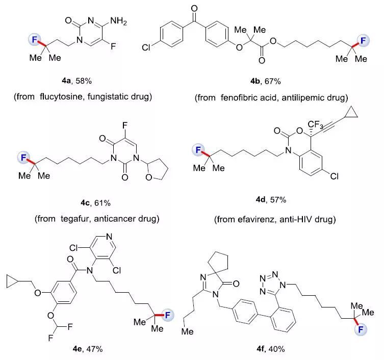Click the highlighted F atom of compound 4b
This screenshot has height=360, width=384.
click(363, 40)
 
